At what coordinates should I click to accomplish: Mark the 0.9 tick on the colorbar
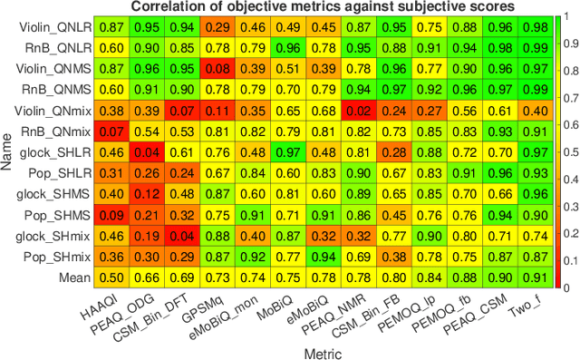point(570,43)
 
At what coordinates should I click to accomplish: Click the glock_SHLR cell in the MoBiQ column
point(287,151)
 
